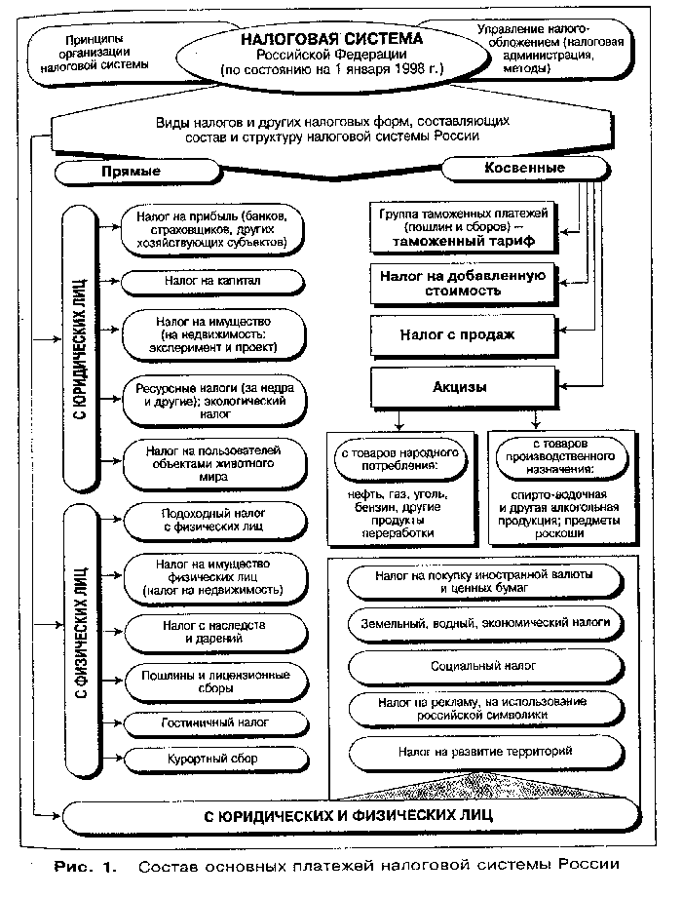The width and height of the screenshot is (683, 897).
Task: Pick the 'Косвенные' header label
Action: click(x=524, y=168)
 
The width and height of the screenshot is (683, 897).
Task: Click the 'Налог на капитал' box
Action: click(x=207, y=282)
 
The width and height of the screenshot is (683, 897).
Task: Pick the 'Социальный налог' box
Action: click(x=484, y=665)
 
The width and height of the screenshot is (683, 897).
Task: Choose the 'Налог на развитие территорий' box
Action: click(x=484, y=752)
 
